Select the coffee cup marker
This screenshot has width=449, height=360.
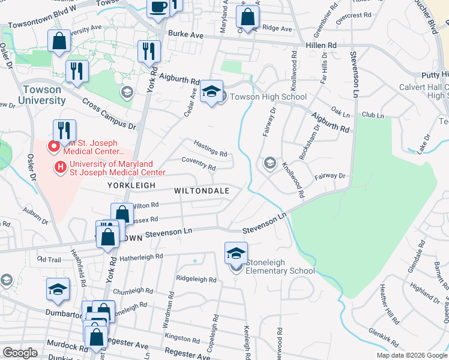click(158, 7)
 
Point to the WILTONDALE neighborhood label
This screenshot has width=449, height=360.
click(202, 190)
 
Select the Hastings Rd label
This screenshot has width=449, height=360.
click(210, 149)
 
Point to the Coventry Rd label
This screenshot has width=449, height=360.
click(199, 163)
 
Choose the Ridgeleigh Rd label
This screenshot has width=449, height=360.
click(196, 279)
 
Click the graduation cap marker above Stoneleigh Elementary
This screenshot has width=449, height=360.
click(237, 253)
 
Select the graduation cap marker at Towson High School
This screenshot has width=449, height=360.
click(211, 92)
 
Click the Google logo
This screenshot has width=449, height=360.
click(20, 352)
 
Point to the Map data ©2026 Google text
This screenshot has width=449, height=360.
click(412, 355)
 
